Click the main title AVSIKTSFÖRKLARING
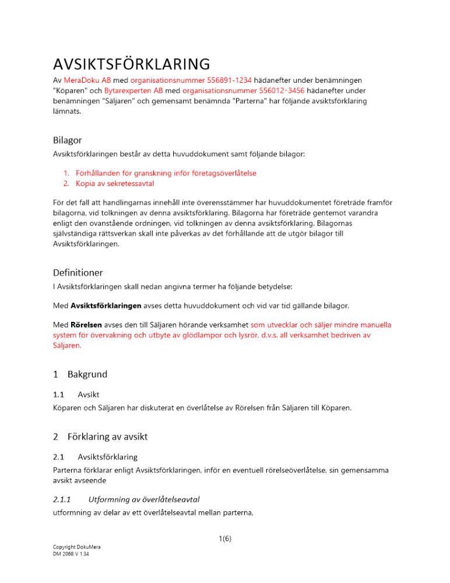coord(131,63)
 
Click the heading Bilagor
coord(67,140)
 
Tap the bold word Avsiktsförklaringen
coord(108,306)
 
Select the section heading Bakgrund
coord(87,374)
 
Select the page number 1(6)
coord(224,539)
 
